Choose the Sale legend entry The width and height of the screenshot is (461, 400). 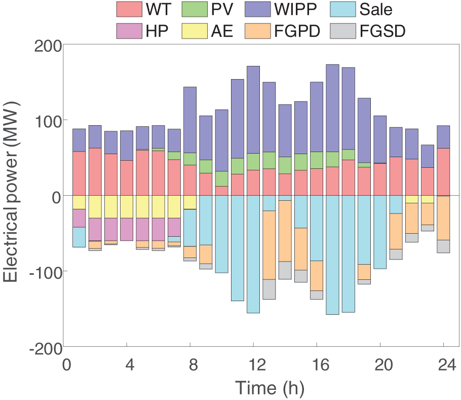pos(375,9)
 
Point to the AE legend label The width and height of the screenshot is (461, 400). pos(221,31)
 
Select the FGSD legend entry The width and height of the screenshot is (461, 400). pos(382,31)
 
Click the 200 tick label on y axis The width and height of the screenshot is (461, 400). pos(48,45)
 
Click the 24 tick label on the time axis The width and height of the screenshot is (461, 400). pos(444,366)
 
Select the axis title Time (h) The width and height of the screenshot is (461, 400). pos(270,388)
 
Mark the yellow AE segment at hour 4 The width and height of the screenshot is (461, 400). pos(127,207)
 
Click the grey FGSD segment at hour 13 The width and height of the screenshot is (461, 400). pos(269,289)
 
